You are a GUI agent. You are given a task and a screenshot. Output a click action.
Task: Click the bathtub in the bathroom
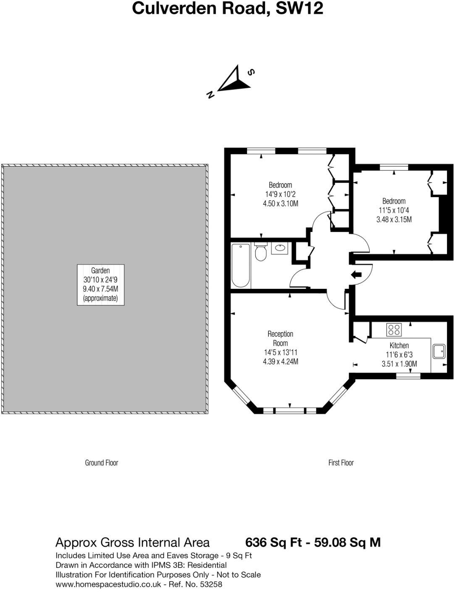pos(241,265)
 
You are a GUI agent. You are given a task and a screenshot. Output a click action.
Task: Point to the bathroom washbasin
pos(279,248)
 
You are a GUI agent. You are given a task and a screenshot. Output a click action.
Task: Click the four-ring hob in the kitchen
pos(394,329)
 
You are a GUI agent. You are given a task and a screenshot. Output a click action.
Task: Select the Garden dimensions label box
pos(101,285)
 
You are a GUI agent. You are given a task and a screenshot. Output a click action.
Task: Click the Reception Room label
pos(281,338)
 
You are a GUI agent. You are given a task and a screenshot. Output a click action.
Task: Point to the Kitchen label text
pos(399,345)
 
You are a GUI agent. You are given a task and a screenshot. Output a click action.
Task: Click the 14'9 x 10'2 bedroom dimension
pos(281,194)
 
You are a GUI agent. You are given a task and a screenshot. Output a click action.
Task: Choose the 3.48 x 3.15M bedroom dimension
pos(394,219)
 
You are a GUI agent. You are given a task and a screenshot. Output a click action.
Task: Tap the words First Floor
pos(341,463)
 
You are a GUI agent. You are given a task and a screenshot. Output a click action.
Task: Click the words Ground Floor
pos(102,463)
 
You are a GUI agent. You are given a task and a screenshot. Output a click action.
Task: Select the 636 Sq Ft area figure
pos(273,542)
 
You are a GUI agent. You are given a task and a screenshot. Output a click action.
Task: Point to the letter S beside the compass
pos(251,72)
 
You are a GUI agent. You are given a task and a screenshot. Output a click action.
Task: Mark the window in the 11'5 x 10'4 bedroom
pos(394,167)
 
